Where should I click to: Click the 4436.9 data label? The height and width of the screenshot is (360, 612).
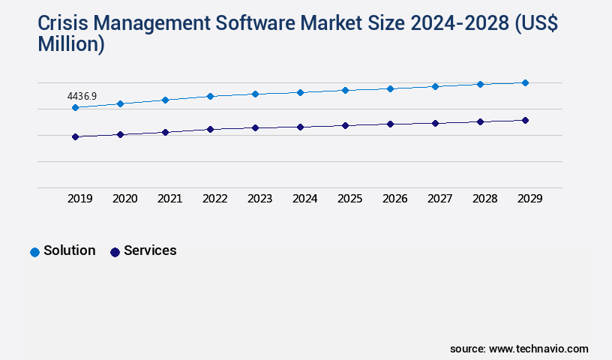click(82, 97)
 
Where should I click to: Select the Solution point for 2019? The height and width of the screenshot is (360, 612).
click(75, 107)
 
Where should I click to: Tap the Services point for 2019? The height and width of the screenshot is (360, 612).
click(75, 136)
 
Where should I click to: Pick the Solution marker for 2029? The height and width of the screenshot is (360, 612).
click(525, 82)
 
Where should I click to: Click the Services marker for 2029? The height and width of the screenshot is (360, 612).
click(525, 120)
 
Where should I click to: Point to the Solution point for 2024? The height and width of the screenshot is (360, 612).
click(300, 92)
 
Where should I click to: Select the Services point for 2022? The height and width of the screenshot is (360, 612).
click(210, 129)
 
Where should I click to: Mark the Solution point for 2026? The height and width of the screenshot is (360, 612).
click(390, 88)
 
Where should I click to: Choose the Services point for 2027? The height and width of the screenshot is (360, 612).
click(435, 123)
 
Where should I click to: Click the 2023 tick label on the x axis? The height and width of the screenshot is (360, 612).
click(259, 199)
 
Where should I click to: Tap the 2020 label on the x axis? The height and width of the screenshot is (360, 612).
click(124, 199)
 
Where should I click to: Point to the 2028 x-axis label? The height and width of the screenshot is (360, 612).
click(484, 199)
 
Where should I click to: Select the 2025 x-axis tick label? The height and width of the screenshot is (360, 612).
click(349, 199)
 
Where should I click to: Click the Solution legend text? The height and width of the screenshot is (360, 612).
click(69, 250)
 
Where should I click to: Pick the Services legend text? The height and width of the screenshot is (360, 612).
click(150, 250)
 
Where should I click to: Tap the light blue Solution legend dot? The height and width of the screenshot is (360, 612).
click(34, 252)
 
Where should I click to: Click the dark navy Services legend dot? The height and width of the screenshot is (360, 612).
click(115, 252)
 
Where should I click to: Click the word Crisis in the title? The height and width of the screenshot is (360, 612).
click(63, 25)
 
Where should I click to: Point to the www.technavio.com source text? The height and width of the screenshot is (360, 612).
click(538, 349)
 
